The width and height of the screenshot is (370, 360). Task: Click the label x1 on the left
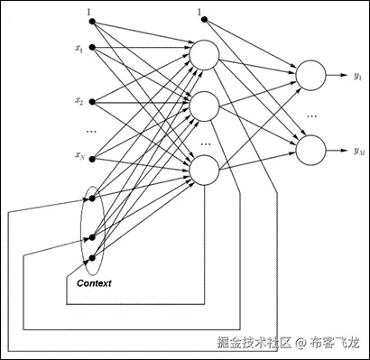(x=79, y=47)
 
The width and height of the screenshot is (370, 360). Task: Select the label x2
(x=79, y=101)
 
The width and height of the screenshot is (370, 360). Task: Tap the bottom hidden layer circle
(x=203, y=169)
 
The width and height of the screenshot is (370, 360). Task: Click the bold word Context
(x=94, y=283)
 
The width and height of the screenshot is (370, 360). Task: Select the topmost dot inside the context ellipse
(x=92, y=195)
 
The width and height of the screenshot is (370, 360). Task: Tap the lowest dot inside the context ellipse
(x=92, y=257)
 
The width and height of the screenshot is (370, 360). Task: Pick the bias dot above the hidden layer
(x=199, y=21)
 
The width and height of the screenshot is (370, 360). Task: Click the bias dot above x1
(x=90, y=21)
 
